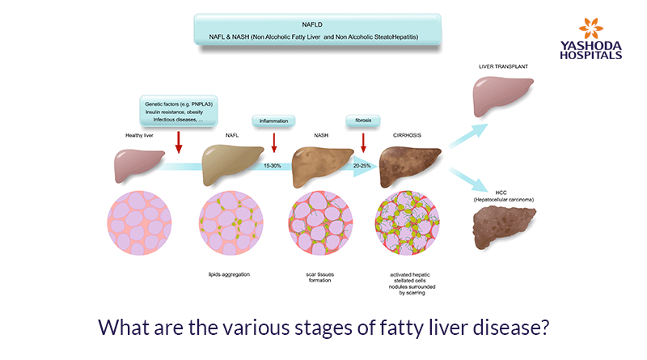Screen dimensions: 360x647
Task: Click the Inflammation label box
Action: [274, 121]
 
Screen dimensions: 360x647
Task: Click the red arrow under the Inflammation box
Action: [274, 142]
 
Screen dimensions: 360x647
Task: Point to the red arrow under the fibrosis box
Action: [364, 142]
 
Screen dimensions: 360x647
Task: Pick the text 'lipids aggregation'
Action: [228, 275]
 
